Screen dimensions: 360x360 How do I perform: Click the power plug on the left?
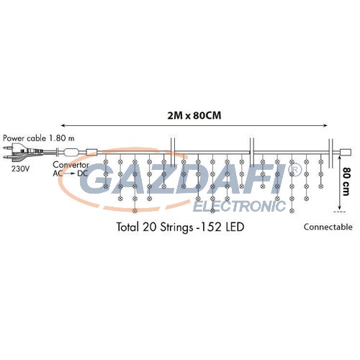point(23,152)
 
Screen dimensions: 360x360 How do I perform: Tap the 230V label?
point(21,168)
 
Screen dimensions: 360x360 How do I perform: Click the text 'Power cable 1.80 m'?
point(39,138)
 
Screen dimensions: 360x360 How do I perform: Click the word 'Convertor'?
point(71,165)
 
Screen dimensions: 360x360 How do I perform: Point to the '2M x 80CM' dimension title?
point(194,116)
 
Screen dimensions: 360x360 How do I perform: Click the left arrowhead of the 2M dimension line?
point(63,125)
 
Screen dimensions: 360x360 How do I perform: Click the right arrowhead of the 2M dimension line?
point(325,125)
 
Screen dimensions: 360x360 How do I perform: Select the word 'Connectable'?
point(328,227)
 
